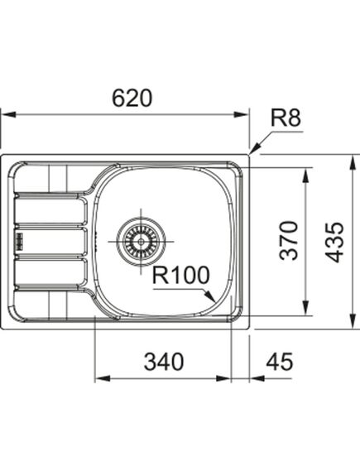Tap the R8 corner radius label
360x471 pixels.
click(x=286, y=118)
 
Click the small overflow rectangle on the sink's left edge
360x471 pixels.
click(x=17, y=241)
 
